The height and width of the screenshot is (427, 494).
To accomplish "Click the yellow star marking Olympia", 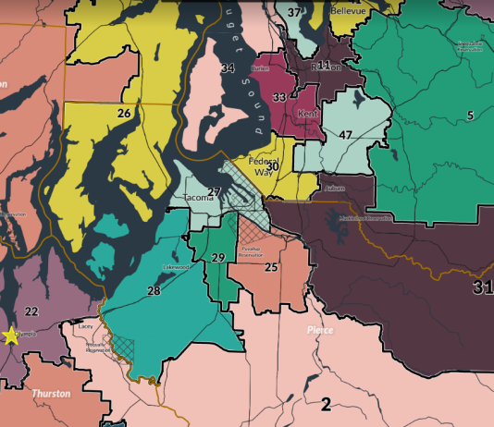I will pos(11,335).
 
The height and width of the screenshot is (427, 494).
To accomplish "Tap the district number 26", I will pos(123,113).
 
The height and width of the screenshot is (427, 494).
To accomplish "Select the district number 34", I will pos(228,68).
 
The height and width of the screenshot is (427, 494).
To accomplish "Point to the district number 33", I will pos(279,96).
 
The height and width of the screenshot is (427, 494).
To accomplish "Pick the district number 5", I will pos(470,115).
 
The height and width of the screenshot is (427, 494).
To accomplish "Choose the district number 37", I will pos(294,12).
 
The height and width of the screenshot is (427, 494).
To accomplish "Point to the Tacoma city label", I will pos(199,198).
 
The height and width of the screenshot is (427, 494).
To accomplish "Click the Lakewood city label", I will pos(177,267).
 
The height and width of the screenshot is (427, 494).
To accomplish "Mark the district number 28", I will pos(154,290).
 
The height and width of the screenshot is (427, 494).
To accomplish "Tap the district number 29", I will pos(218,258).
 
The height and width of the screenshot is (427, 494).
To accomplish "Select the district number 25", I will pos(271,267).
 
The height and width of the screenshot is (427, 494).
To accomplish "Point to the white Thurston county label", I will pos(52,393).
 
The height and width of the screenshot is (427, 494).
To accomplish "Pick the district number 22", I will pos(31,311).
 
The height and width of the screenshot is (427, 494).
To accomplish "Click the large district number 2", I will pos(326,403).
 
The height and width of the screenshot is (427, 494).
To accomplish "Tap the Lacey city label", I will pos(85,326).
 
